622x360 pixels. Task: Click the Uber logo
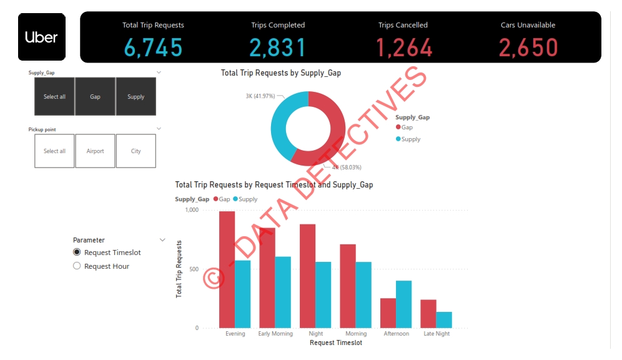click(41, 37)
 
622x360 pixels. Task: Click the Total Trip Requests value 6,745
click(153, 47)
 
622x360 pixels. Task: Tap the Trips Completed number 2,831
click(277, 47)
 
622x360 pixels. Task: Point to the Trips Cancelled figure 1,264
click(403, 47)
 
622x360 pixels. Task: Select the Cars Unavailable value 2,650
click(528, 47)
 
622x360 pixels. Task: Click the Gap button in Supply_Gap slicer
click(95, 97)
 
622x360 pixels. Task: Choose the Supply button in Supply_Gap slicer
click(136, 97)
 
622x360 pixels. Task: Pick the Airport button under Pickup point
click(95, 151)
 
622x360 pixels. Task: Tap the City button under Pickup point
click(136, 151)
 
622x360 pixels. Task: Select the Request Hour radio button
click(77, 266)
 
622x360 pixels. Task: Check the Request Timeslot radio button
click(77, 252)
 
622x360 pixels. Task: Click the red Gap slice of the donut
click(331, 131)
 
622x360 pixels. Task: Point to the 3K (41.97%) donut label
click(260, 96)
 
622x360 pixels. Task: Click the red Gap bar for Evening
click(227, 269)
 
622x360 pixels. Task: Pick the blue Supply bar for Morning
click(363, 295)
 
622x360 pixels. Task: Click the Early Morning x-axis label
click(275, 334)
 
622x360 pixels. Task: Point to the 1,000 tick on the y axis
click(191, 211)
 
